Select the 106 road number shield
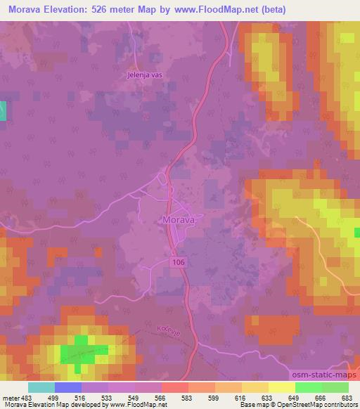point(179,261)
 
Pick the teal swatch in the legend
point(41,387)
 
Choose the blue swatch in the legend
point(67,387)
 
